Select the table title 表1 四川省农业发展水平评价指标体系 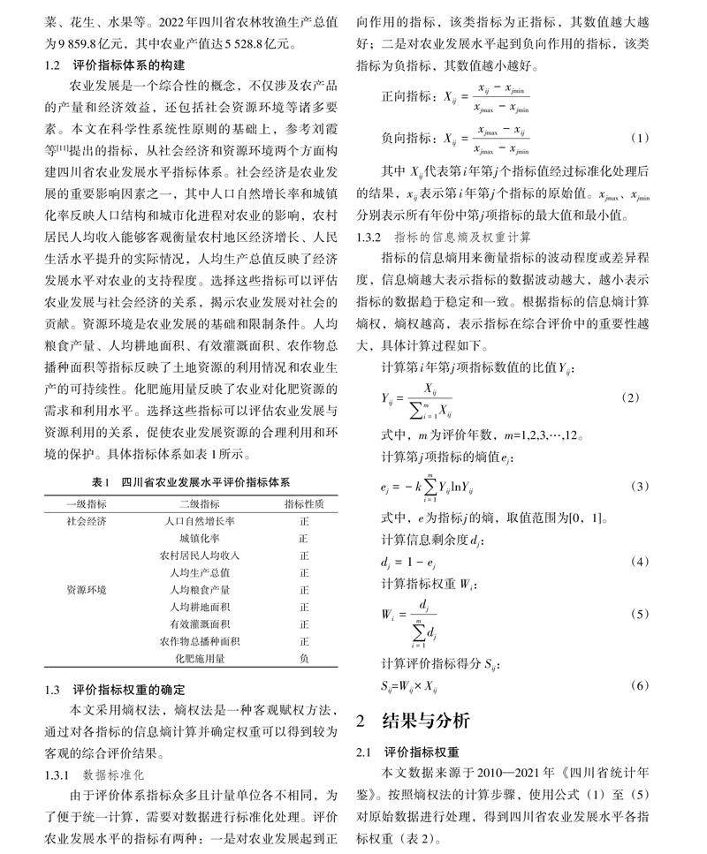point(191,483)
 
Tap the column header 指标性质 point(303,503)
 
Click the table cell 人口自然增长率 point(200,521)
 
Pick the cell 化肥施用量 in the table point(200,658)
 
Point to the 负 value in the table point(303,658)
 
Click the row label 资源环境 point(87,589)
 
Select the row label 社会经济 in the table point(87,521)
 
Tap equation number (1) point(639,138)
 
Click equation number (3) point(639,487)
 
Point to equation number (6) point(639,685)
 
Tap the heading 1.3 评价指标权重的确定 point(115,690)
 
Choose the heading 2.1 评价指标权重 point(407,752)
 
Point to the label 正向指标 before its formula point(407,95)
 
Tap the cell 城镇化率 point(200,538)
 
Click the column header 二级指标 point(200,503)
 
